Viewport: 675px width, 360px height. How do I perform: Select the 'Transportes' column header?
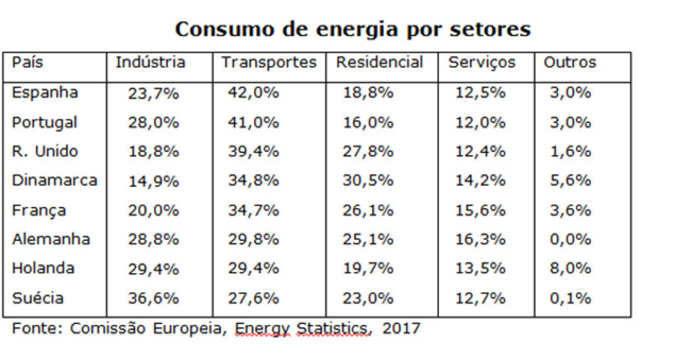[268, 63]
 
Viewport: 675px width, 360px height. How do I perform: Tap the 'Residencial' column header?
[379, 63]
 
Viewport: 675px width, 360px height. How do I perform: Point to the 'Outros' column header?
[570, 63]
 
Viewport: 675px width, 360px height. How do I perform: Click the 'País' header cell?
[28, 63]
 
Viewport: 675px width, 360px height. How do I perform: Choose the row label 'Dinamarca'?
[55, 181]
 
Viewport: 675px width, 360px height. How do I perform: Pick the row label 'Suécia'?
[38, 298]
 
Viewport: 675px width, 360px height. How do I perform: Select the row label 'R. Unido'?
[45, 151]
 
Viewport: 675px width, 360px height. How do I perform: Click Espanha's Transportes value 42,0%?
[253, 93]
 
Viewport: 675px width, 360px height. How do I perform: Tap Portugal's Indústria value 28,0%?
[153, 122]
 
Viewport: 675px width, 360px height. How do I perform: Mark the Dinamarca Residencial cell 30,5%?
[367, 181]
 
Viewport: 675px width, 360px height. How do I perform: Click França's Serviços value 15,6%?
[480, 211]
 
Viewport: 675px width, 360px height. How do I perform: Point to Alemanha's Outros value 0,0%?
[570, 240]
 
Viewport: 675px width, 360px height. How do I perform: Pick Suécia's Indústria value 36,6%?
[153, 298]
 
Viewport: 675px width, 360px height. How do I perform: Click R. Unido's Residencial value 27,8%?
[367, 151]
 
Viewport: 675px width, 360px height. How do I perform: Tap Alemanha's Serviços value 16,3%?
[480, 240]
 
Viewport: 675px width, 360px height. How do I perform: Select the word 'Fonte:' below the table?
[37, 328]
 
